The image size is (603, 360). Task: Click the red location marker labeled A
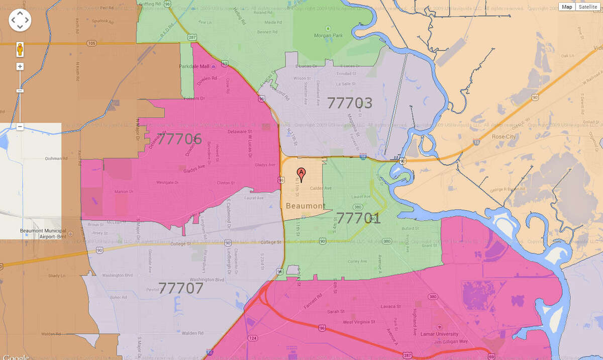pos(301,174)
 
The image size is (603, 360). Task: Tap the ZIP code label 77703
pos(350,103)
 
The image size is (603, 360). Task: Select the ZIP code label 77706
pos(179,139)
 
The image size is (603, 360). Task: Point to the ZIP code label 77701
pos(358,218)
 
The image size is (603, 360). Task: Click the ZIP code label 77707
pos(181,288)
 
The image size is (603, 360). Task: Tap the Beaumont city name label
pos(304,206)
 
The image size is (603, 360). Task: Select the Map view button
pos(567,7)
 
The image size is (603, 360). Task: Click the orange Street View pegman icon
pos(20,49)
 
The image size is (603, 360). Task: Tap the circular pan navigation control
pos(20,20)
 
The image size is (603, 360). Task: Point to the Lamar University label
pos(440,334)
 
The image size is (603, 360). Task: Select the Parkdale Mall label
pos(193,66)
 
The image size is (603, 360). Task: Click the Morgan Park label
pos(329,36)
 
